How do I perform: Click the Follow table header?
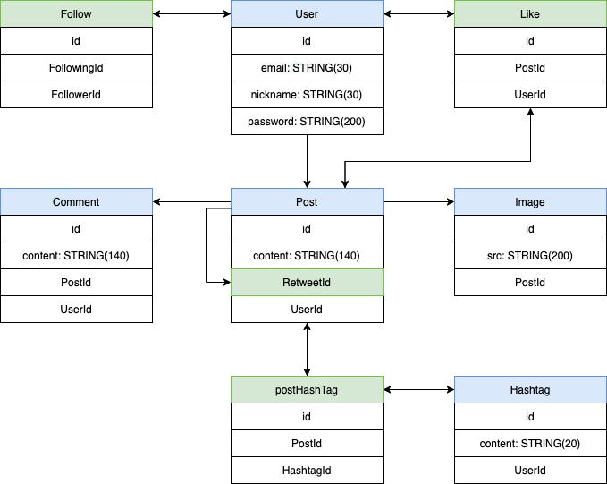[x=76, y=14]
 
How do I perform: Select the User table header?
[x=307, y=14]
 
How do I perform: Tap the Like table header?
[x=530, y=14]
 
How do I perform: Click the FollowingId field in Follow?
[x=76, y=68]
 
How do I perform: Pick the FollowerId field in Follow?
[x=76, y=95]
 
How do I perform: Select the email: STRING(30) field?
[x=307, y=68]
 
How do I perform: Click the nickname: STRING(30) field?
[x=307, y=95]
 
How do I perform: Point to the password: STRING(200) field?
[x=307, y=122]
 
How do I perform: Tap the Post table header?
[x=307, y=202]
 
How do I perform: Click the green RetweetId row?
[x=307, y=283]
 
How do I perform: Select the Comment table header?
[x=76, y=202]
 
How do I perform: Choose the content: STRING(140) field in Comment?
[x=76, y=256]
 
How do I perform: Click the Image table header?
[x=530, y=202]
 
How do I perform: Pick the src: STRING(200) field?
[x=530, y=256]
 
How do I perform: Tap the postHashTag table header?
[x=307, y=390]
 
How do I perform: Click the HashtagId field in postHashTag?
[x=307, y=471]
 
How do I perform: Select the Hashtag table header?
[x=530, y=390]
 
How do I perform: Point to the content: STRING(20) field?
[x=530, y=444]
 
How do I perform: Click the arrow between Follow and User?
[x=191, y=14]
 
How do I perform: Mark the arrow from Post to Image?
[x=418, y=202]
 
